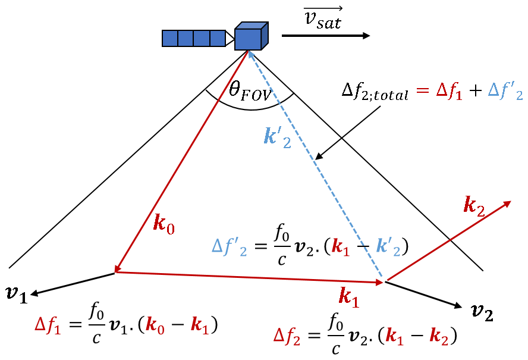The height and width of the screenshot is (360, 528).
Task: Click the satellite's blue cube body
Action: pyautogui.click(x=249, y=38)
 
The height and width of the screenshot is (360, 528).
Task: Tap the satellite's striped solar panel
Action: pyautogui.click(x=193, y=38)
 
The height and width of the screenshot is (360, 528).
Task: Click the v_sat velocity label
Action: pyautogui.click(x=323, y=18)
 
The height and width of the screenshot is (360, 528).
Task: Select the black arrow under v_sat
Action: pyautogui.click(x=325, y=36)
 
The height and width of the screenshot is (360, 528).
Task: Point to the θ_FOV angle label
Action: pyautogui.click(x=249, y=91)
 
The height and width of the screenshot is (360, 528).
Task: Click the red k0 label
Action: pyautogui.click(x=164, y=223)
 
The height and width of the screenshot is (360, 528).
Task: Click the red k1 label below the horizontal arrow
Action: pyautogui.click(x=348, y=296)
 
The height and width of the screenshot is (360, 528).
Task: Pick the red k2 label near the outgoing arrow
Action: pyautogui.click(x=474, y=205)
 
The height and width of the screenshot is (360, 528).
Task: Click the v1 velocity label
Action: pyautogui.click(x=16, y=293)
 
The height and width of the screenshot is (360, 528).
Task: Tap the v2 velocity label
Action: pyautogui.click(x=482, y=310)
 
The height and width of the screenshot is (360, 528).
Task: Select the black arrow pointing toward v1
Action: pyautogui.click(x=72, y=284)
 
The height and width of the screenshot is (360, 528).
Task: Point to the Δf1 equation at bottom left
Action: pyautogui.click(x=126, y=324)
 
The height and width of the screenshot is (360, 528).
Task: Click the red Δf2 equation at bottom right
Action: pyautogui.click(x=364, y=336)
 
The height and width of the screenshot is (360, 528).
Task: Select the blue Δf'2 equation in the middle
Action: pyautogui.click(x=310, y=245)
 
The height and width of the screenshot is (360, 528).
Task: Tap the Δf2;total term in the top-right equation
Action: pyautogui.click(x=375, y=92)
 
